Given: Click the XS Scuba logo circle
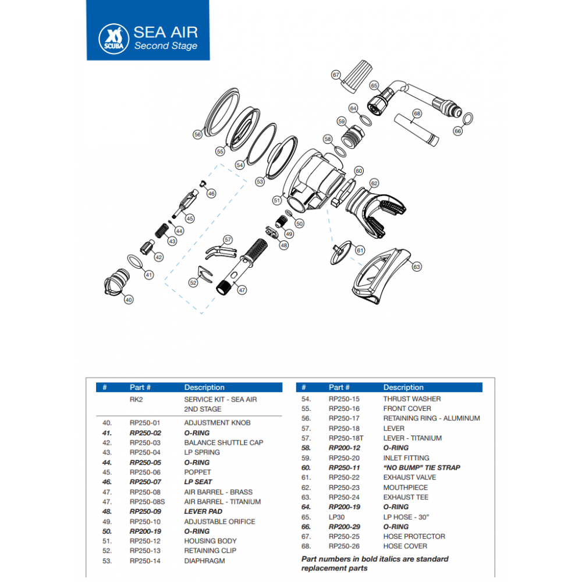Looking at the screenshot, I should point(111,36).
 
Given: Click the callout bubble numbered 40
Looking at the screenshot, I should point(129,300).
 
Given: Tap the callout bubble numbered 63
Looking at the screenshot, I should point(416,267).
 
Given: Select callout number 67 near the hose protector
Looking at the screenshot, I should point(336,74).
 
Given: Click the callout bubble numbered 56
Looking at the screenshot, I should point(198,134).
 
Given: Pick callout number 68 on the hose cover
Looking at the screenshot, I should point(417,113).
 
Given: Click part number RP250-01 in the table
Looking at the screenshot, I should point(144,423).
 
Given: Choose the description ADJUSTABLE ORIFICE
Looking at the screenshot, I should point(219,521).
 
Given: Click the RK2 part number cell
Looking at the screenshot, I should point(136,400).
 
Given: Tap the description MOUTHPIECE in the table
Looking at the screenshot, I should point(405,488).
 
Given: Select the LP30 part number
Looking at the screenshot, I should point(338,517).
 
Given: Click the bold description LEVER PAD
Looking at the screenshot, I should point(203,512).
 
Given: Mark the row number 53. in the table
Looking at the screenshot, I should point(107,561).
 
